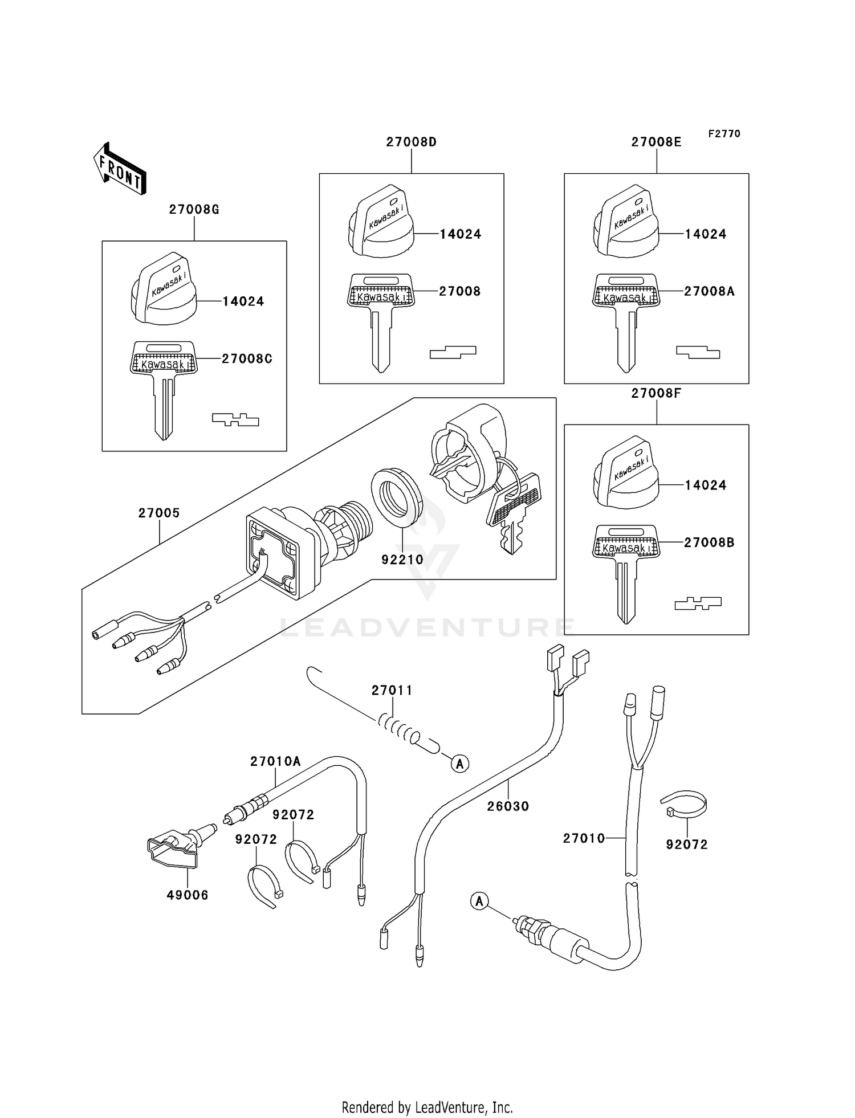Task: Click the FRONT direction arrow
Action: coord(120,169)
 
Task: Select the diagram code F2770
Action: coord(724,134)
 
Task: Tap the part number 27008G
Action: coord(194,210)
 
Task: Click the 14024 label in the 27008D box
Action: coord(460,234)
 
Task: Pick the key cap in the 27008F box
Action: coord(626,472)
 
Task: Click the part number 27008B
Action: coord(709,542)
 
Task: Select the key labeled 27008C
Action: coord(164,387)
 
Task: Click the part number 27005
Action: coord(159,513)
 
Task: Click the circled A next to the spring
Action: coord(460,763)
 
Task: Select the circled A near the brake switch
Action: coord(479,901)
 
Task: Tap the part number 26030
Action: coord(508,806)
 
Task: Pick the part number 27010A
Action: coord(275,761)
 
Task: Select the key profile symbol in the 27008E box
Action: coord(698,353)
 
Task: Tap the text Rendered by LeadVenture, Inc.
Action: coord(427,1107)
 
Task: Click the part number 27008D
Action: coord(411,142)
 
